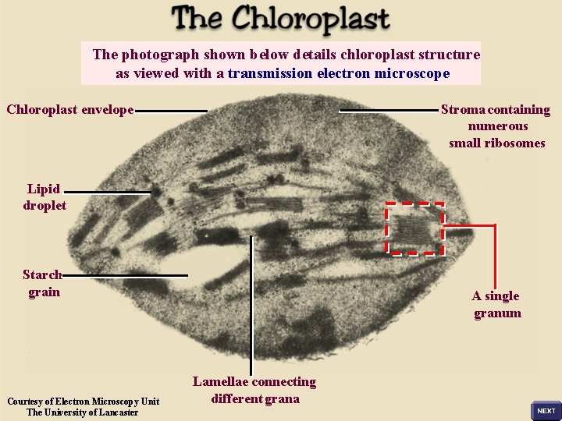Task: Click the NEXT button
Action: pos(546,410)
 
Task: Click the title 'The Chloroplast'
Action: pos(280,19)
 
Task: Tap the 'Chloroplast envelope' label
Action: pos(70,109)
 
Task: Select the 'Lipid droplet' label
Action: pos(44,197)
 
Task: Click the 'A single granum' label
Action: pos(496,304)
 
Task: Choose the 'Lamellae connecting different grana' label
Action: pos(254,390)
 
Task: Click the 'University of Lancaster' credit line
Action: pos(83,412)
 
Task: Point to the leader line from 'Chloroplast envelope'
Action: pos(172,111)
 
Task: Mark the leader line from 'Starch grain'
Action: pos(125,275)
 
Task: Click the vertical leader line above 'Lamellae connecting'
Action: pos(251,304)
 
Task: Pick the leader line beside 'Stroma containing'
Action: pos(388,111)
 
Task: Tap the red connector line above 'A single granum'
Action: pos(495,257)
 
